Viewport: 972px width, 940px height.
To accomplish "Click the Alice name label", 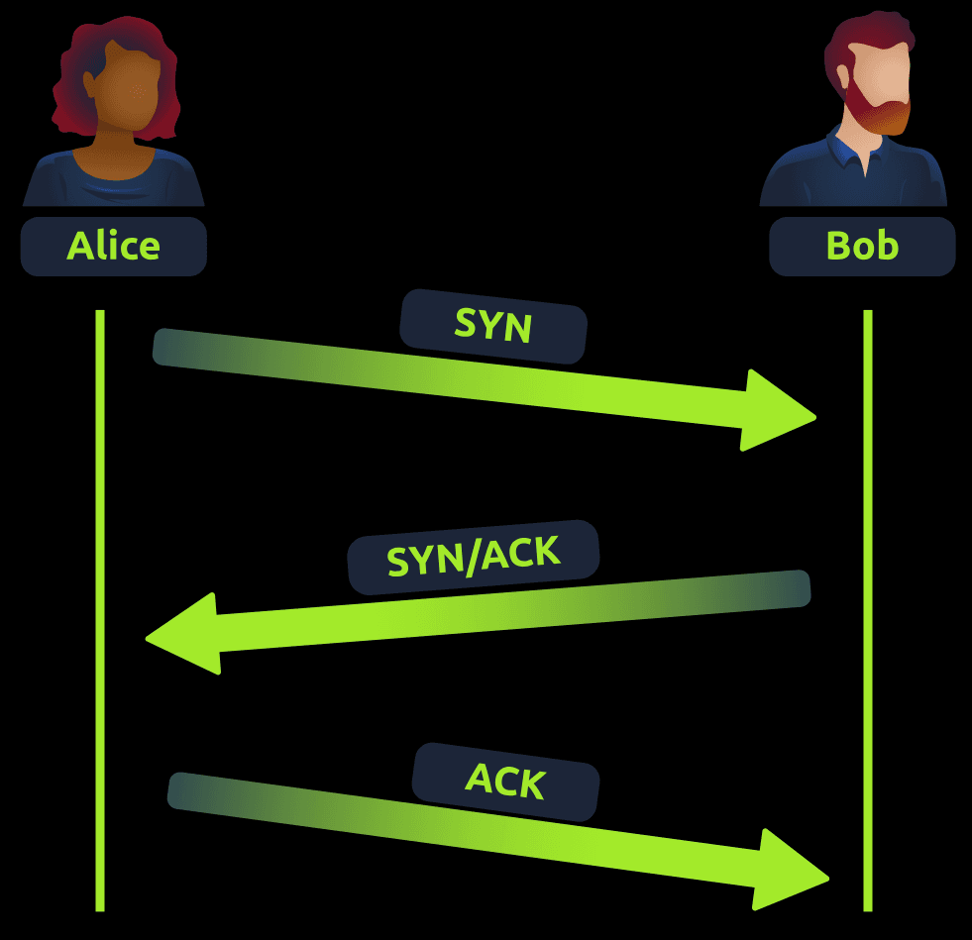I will pyautogui.click(x=113, y=246).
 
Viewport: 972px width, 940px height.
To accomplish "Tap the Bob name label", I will pyautogui.click(x=862, y=246).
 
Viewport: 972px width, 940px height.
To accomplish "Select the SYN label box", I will pyautogui.click(x=493, y=326).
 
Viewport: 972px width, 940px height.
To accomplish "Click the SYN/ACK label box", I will pyautogui.click(x=474, y=558).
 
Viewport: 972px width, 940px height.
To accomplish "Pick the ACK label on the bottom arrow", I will pyautogui.click(x=505, y=782).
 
